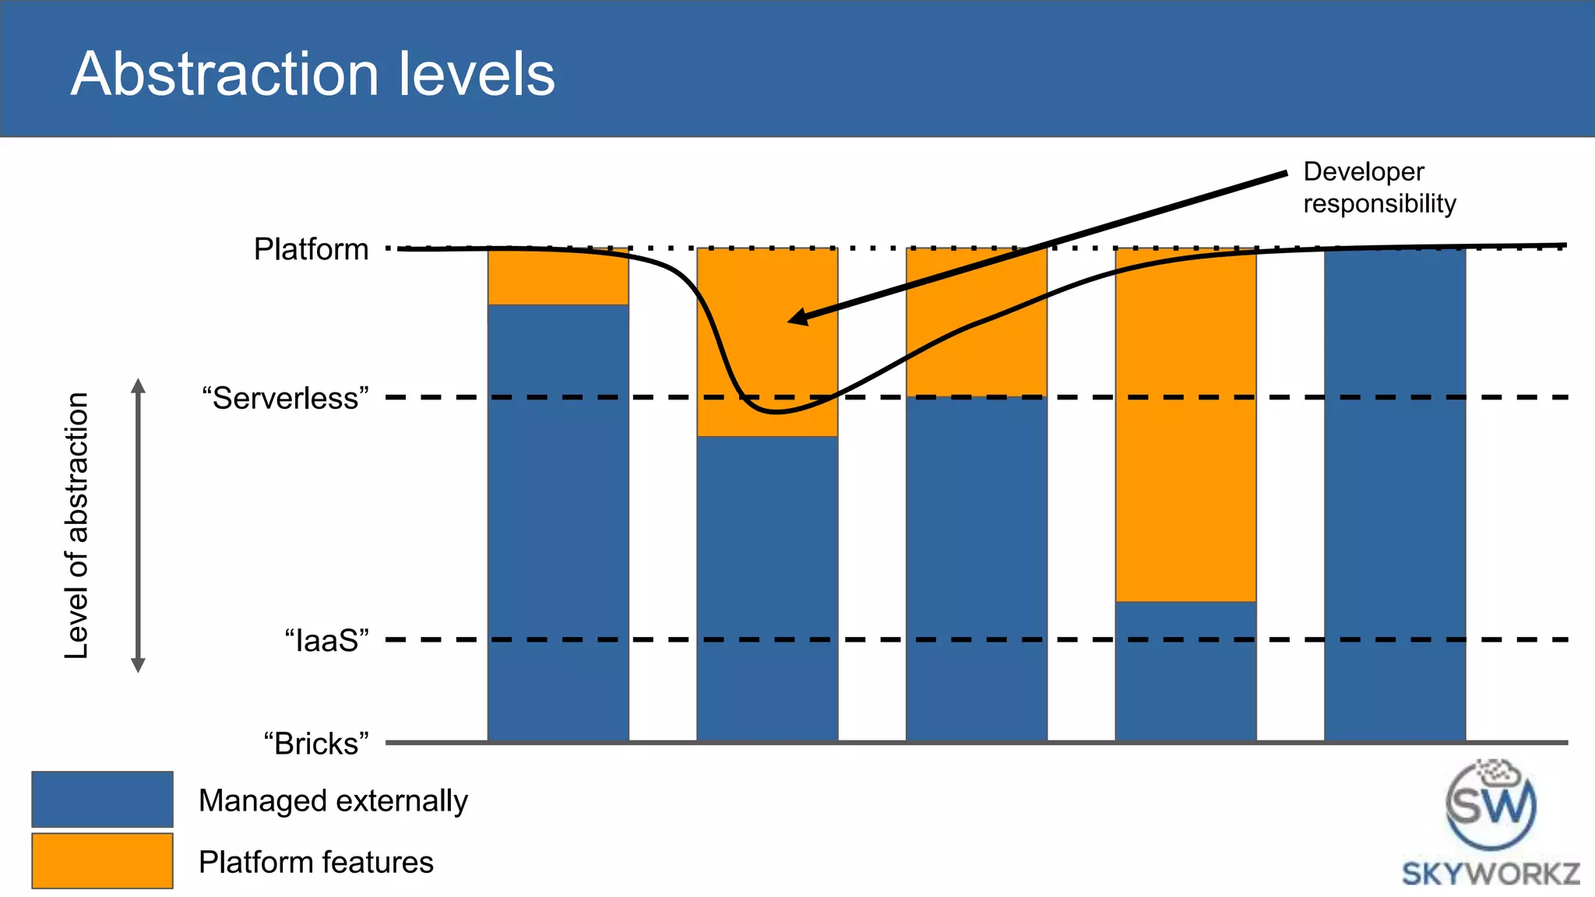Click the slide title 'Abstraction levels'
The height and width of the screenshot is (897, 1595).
[313, 74]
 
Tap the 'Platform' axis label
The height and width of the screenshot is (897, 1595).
[311, 249]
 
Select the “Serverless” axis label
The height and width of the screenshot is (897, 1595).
[285, 398]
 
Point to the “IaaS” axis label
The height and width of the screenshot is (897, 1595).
[326, 640]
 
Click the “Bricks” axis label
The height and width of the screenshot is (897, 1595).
[315, 744]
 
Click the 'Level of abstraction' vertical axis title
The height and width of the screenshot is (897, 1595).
[77, 526]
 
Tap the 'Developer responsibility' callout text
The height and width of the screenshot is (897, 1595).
[1378, 188]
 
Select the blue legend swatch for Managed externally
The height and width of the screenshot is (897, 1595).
[102, 799]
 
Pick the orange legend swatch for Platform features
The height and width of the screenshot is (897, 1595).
[102, 860]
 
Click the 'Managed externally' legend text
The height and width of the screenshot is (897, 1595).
[333, 800]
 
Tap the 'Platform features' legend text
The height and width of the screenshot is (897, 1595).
[315, 862]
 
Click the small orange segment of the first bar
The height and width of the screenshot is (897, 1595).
[558, 277]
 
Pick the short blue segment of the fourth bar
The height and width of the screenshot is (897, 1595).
[1185, 670]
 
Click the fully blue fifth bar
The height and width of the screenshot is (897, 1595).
[1395, 498]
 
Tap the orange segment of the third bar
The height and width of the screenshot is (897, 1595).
[976, 343]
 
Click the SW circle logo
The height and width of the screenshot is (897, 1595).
[1491, 804]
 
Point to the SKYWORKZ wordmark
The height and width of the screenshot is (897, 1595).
[1491, 874]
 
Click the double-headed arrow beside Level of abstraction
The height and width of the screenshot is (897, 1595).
[139, 526]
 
